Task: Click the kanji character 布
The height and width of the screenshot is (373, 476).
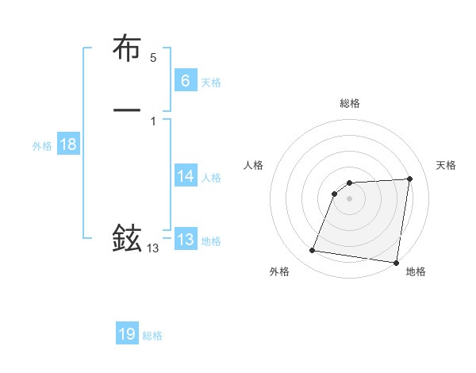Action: [127, 50]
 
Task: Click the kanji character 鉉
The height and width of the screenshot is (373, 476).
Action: [127, 237]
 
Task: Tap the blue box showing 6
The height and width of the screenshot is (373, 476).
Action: [185, 80]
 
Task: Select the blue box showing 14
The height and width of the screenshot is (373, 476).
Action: [185, 176]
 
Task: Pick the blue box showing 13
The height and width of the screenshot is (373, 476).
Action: [185, 240]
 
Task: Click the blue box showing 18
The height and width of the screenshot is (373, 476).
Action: [67, 144]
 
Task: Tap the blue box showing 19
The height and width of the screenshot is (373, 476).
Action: [127, 334]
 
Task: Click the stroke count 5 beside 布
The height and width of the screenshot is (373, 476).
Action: [153, 58]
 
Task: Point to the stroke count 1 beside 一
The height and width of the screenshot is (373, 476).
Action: [152, 121]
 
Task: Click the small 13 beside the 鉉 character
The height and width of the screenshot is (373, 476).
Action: [152, 248]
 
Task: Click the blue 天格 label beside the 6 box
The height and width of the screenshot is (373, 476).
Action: [211, 82]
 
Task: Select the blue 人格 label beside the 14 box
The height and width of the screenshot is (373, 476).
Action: [211, 178]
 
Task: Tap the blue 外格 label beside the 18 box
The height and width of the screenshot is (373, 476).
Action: [42, 146]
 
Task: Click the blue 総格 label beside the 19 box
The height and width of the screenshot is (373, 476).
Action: [152, 336]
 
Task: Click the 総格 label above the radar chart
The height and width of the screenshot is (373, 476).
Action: [349, 103]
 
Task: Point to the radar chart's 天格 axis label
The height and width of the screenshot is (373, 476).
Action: [446, 165]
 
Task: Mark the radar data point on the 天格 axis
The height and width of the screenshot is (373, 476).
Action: [409, 179]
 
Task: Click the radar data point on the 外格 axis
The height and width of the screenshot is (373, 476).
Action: [313, 251]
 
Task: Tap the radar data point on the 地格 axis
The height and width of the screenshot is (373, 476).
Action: [397, 263]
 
